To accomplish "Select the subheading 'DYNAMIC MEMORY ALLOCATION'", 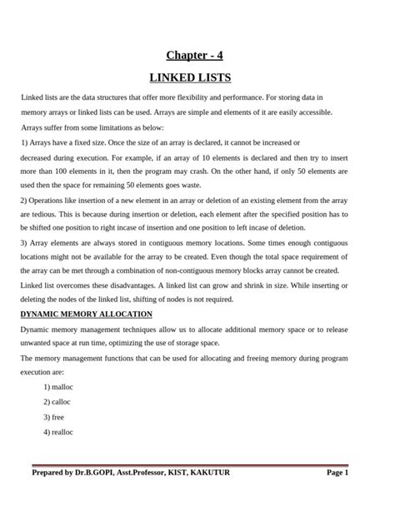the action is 86,314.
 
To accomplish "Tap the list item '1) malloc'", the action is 58,387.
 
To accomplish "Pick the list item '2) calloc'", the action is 57,402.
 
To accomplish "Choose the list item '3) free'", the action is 53,417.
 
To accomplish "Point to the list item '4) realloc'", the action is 58,432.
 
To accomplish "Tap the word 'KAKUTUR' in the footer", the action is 206,473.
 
